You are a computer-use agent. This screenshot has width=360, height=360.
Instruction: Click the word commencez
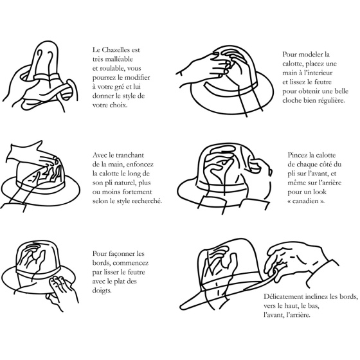pos(130,263)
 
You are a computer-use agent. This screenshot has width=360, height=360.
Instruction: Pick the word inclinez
pos(316,296)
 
